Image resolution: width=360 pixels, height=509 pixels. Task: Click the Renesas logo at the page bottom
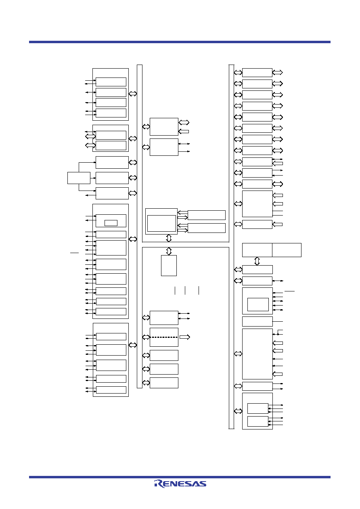click(180, 484)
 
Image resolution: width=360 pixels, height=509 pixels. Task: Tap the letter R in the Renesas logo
click(159, 484)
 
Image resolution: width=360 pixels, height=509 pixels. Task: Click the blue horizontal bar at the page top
click(180, 42)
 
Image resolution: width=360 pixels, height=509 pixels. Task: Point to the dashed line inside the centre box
click(164, 337)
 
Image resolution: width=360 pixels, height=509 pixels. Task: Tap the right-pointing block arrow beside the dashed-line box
click(185, 337)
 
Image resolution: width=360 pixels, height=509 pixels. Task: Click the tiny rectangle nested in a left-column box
click(111, 223)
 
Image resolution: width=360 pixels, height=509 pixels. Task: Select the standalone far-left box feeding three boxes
click(79, 178)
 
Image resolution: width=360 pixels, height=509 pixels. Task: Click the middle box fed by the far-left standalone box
click(112, 178)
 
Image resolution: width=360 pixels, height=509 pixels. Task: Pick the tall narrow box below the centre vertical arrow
click(169, 266)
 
